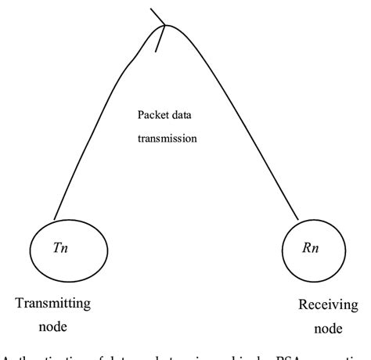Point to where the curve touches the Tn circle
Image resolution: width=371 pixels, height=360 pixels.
[55, 219]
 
